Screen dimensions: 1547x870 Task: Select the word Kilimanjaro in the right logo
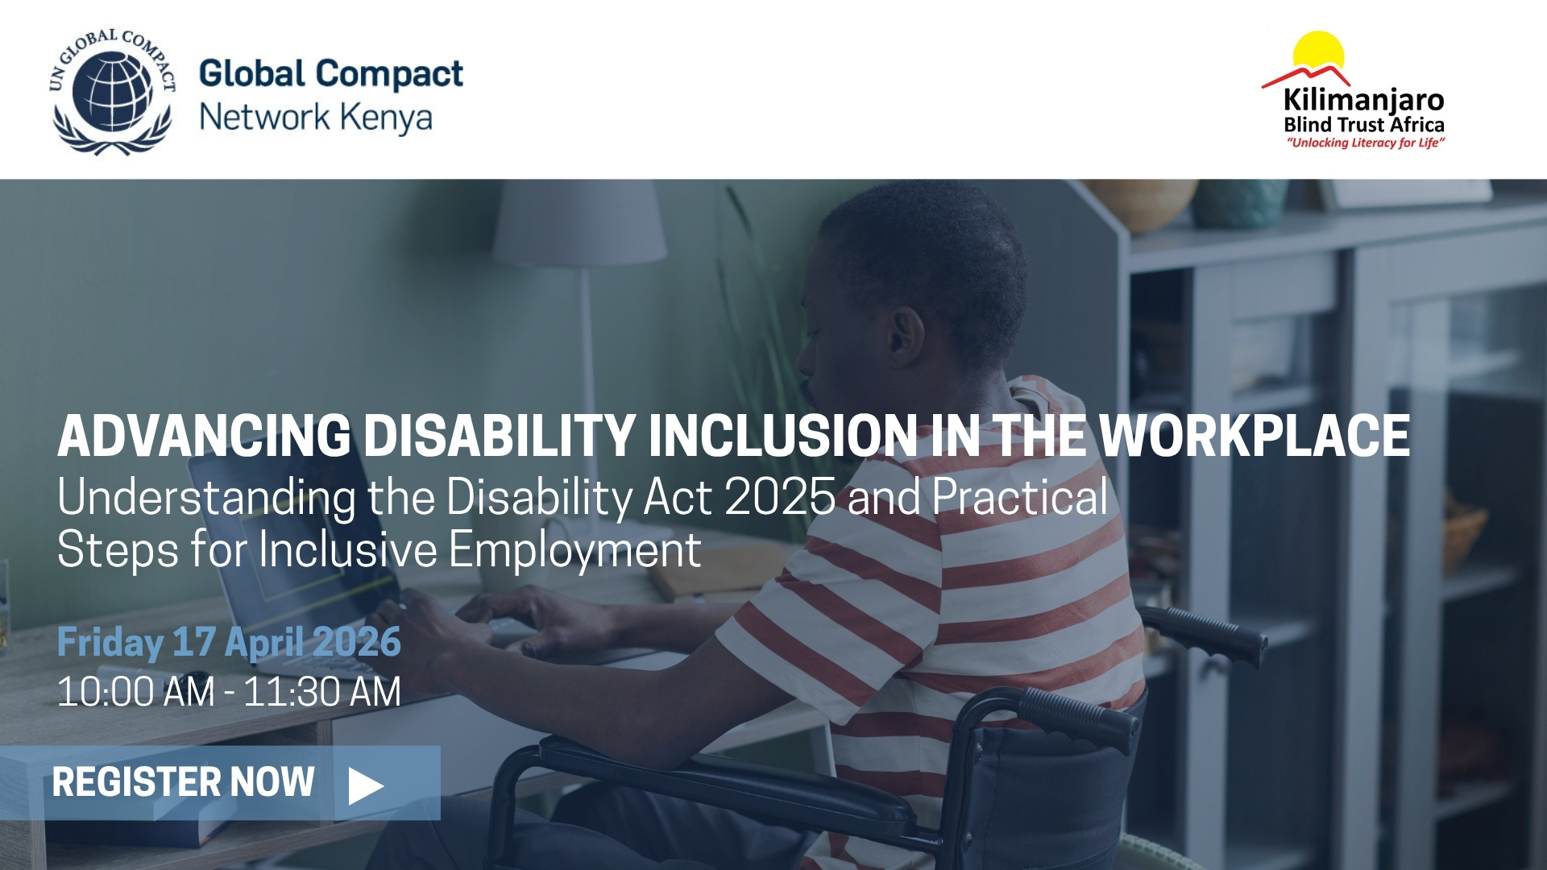(1363, 101)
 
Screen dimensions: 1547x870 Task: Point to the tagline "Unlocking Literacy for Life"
(1365, 143)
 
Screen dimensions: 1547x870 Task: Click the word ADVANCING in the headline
(204, 437)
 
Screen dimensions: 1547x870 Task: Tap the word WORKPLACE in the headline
(1255, 437)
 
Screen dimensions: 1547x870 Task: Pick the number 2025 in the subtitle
(780, 498)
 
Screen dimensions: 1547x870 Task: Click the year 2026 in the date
(355, 642)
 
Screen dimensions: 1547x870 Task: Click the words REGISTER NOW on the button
(183, 782)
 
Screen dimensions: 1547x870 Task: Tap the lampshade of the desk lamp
(579, 223)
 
